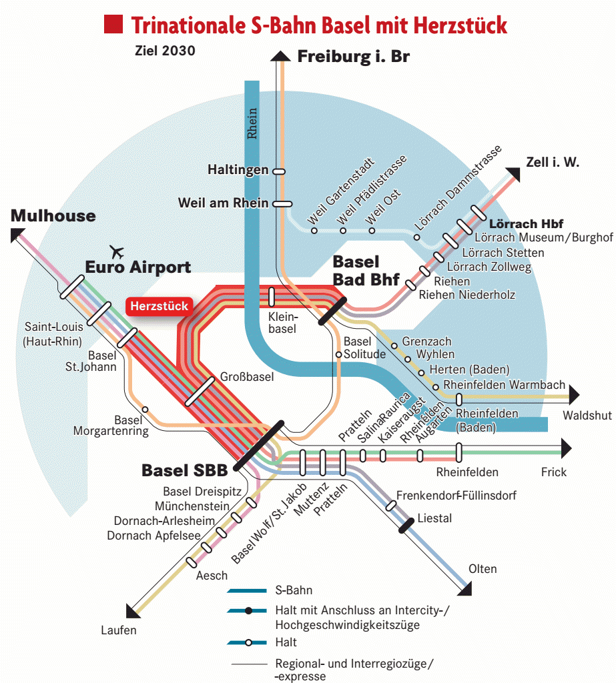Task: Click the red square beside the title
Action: point(113,25)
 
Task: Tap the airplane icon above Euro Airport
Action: point(117,252)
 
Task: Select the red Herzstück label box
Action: point(159,306)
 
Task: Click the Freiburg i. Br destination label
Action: point(353,57)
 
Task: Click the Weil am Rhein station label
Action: point(223,203)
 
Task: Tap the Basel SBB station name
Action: point(184,470)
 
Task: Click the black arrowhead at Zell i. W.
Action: point(513,175)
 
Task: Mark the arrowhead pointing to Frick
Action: point(566,448)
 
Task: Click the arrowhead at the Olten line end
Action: point(465,588)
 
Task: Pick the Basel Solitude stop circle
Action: point(339,355)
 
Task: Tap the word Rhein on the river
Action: point(252,123)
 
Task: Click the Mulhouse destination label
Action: point(53,216)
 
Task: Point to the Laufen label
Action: point(119,630)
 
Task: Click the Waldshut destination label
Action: point(587,416)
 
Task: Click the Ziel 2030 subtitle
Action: point(156,51)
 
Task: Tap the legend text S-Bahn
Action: point(293,591)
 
